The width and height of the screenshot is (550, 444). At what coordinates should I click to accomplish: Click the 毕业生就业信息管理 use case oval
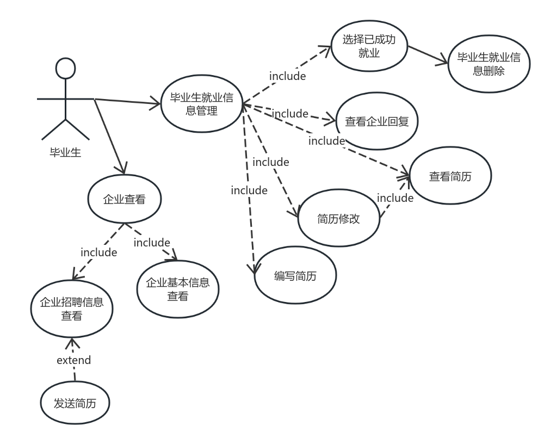[201, 104]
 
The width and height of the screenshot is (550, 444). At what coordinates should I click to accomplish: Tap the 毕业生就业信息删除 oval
[489, 64]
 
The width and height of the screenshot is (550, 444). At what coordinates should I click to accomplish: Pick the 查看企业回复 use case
[376, 122]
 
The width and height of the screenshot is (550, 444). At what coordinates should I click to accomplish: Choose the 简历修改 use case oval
[338, 218]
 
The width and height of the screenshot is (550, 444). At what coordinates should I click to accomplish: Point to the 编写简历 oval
[295, 276]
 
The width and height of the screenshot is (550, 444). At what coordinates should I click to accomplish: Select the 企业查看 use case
[124, 200]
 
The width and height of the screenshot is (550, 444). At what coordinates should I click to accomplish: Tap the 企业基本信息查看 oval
[177, 289]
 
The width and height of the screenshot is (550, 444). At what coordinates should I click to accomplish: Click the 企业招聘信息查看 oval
[71, 309]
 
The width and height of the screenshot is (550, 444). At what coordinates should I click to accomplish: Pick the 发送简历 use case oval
[75, 403]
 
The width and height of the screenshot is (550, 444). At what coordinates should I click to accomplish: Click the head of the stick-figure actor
[65, 68]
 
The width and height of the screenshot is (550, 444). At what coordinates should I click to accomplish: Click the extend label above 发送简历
[73, 360]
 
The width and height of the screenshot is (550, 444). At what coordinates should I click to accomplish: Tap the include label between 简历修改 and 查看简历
[395, 198]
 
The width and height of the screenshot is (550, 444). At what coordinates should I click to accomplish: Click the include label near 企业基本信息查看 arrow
[152, 243]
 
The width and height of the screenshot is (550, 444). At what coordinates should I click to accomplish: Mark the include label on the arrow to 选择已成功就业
[287, 76]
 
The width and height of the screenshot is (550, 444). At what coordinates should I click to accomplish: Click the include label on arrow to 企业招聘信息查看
[98, 252]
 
